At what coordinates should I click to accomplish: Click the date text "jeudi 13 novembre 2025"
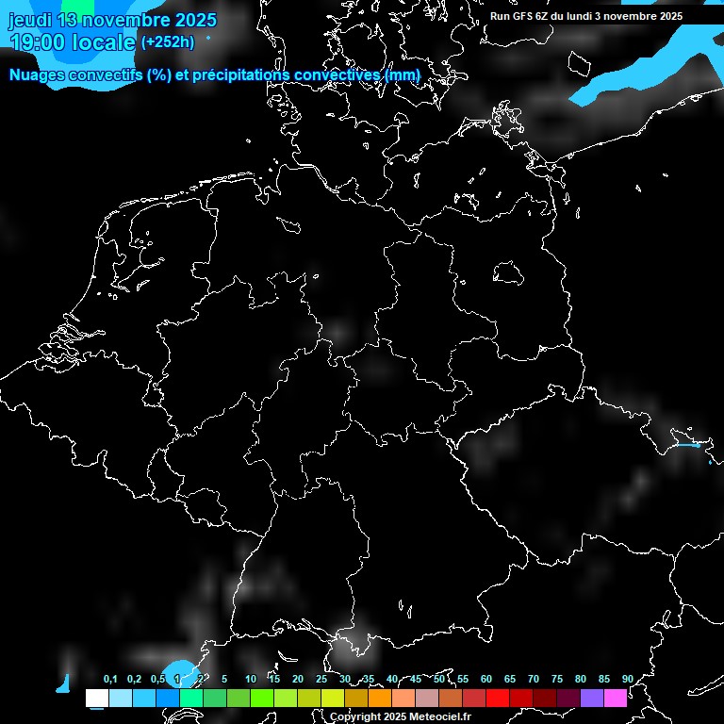coord(111,20)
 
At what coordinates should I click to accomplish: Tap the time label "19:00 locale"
coord(72,41)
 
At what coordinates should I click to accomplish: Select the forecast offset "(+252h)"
coord(168,41)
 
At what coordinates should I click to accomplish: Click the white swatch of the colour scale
coord(96,698)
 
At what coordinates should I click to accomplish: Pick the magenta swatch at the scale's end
coord(616,698)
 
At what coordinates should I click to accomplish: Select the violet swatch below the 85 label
coord(592,698)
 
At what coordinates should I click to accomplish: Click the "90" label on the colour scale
coord(627,679)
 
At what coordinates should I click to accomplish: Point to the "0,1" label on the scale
coord(110,679)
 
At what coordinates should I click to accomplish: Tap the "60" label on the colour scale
coord(486,679)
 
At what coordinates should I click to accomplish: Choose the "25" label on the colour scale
coord(321,679)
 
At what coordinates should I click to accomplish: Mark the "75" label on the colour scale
coord(557,679)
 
